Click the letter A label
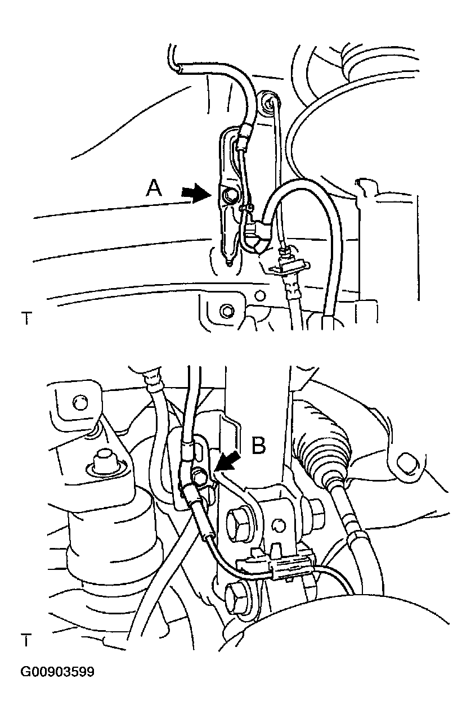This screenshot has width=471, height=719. coord(154,188)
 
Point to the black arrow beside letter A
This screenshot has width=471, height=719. coord(195,192)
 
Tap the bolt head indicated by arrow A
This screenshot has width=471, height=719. coord(228,195)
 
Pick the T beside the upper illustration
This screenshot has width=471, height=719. coord(26,318)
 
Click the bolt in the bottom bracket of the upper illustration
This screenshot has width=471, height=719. coord(227,311)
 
